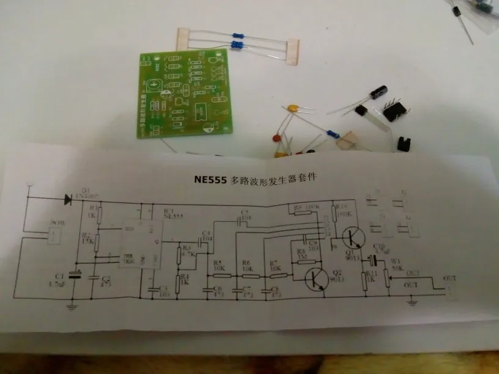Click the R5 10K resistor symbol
pos(221,275)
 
